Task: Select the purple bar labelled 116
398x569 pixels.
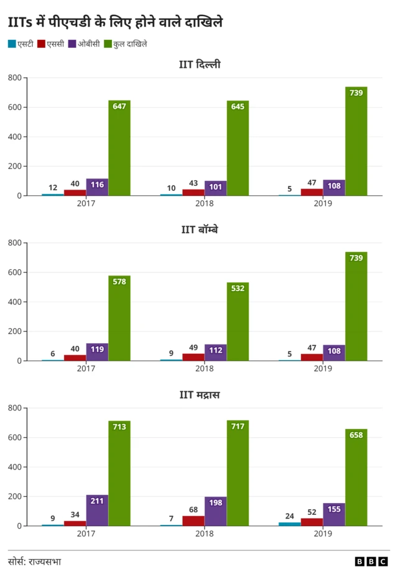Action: click(x=97, y=187)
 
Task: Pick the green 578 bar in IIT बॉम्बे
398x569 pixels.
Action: click(x=119, y=318)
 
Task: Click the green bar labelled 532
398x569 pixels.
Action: click(x=238, y=322)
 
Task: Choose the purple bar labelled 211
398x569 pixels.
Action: click(x=97, y=511)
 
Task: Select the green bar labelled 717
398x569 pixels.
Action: click(x=238, y=473)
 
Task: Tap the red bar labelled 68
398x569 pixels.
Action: click(x=193, y=520)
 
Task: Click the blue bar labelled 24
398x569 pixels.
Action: click(x=289, y=524)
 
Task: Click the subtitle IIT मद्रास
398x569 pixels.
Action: click(x=199, y=395)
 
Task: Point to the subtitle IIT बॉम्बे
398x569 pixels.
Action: click(x=199, y=229)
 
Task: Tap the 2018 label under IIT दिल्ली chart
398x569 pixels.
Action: click(x=205, y=204)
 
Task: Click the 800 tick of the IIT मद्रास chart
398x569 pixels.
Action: click(x=15, y=408)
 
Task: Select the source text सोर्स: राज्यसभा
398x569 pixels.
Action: click(x=35, y=561)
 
